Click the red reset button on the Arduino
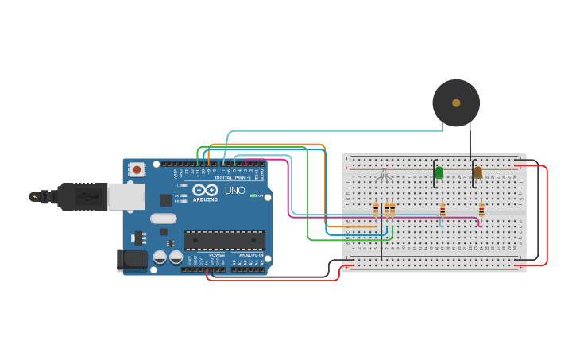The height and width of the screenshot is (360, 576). pyautogui.click(x=137, y=168)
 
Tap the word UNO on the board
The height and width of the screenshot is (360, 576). pyautogui.click(x=234, y=191)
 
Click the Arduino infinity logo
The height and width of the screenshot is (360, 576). pyautogui.click(x=204, y=191)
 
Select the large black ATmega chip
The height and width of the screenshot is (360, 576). pyautogui.click(x=224, y=240)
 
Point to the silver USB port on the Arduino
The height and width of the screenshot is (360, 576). pyautogui.click(x=126, y=196)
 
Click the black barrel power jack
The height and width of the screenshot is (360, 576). pyautogui.click(x=131, y=259)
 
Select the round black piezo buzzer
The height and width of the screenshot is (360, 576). pyautogui.click(x=456, y=103)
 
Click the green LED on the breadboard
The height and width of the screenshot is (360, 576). pyautogui.click(x=439, y=172)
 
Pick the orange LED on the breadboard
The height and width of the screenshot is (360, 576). pyautogui.click(x=477, y=172)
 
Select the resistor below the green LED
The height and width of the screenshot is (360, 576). pyautogui.click(x=443, y=210)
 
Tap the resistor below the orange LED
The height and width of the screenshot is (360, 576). pyautogui.click(x=481, y=210)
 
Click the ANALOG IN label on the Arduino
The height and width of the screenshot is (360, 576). pyautogui.click(x=250, y=255)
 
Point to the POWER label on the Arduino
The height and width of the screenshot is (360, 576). pyautogui.click(x=217, y=255)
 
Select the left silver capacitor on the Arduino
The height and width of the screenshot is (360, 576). pyautogui.click(x=160, y=257)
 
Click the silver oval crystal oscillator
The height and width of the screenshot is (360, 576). pyautogui.click(x=163, y=219)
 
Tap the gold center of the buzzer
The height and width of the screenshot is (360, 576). pyautogui.click(x=456, y=103)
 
